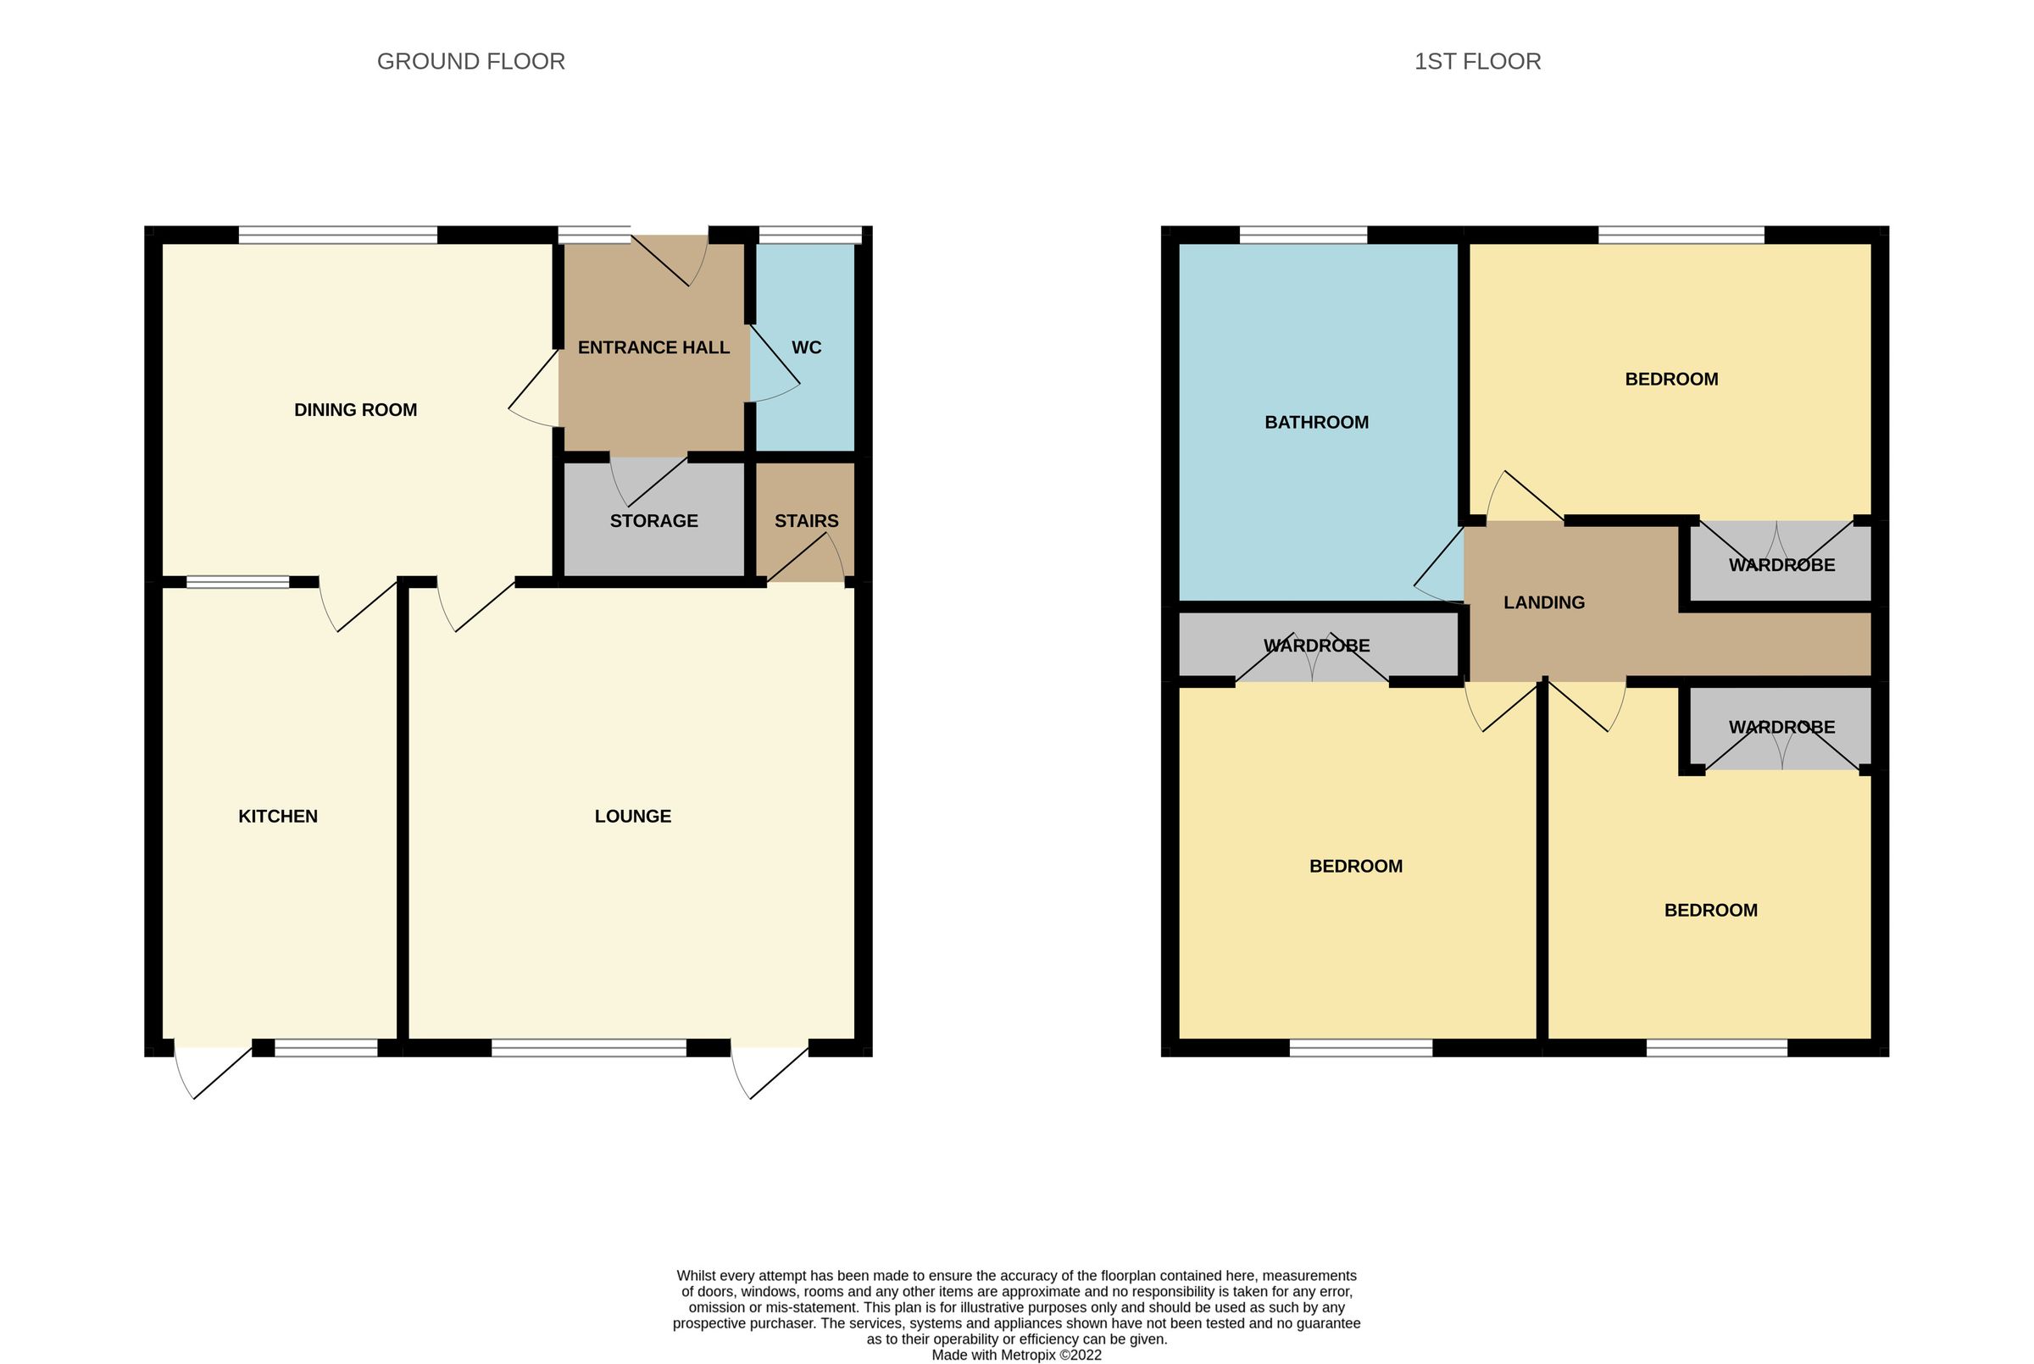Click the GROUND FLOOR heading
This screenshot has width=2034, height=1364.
pos(470,62)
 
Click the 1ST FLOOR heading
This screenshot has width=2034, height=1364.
pos(1476,62)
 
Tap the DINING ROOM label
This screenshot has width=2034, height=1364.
pos(355,410)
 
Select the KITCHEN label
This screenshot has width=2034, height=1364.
pos(277,816)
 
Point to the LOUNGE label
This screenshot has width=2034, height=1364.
pos(632,816)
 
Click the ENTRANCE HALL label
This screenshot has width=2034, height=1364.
pos(653,348)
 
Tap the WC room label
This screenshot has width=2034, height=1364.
pos(806,348)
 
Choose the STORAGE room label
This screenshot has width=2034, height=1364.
pos(653,521)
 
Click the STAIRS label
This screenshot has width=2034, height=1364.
pos(806,521)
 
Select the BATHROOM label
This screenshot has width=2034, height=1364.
pos(1315,423)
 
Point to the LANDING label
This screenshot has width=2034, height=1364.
pos(1543,603)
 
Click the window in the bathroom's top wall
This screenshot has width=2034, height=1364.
pos(1303,235)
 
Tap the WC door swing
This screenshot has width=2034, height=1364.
pos(775,365)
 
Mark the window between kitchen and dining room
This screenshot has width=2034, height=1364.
pos(237,582)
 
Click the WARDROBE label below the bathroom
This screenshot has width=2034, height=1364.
pos(1315,646)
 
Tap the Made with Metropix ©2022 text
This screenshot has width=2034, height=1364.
pos(1016,1355)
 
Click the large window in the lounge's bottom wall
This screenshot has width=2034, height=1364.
pos(588,1048)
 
